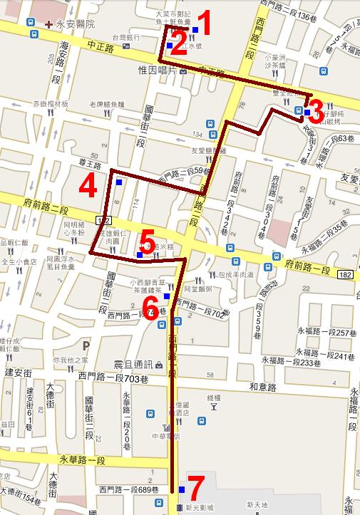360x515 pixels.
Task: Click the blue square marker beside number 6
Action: point(167,296)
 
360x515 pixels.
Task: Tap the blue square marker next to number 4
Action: point(118,182)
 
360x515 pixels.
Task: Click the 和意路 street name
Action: point(262,387)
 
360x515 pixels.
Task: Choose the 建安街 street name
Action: point(16,373)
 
